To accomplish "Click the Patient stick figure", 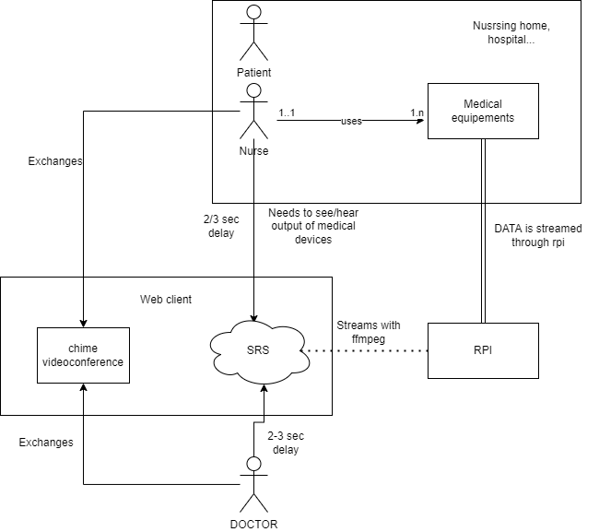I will [253, 33].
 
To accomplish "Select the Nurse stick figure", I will [253, 111].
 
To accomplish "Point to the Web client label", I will [166, 300].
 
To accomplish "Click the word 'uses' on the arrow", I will [352, 121].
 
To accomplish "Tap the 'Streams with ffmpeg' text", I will [369, 331].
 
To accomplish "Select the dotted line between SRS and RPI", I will [369, 351].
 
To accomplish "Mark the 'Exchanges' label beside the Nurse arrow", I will [55, 161].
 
